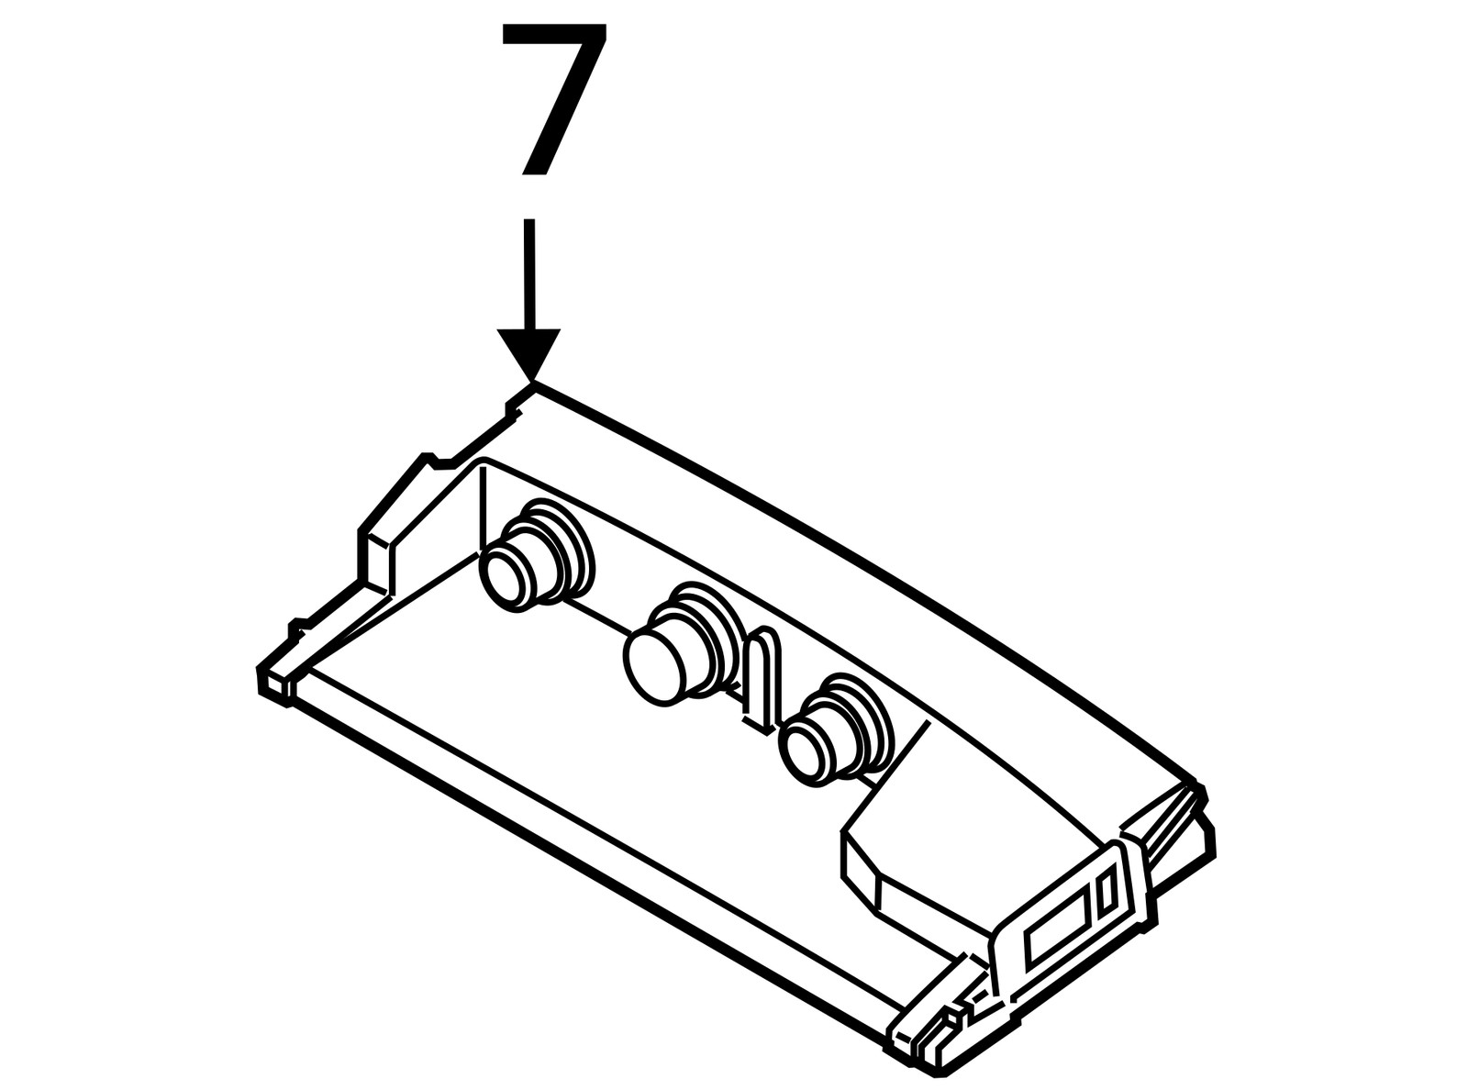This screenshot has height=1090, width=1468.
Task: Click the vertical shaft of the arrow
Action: [x=529, y=273]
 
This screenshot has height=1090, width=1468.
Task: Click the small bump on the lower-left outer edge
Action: [x=299, y=628]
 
